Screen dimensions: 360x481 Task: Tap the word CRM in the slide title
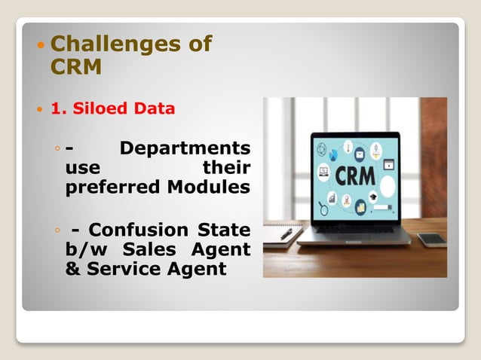[75, 67]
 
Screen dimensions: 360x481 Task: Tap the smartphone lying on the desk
[431, 239]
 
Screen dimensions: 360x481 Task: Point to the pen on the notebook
[286, 233]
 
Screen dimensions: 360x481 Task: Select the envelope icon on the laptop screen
[359, 154]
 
